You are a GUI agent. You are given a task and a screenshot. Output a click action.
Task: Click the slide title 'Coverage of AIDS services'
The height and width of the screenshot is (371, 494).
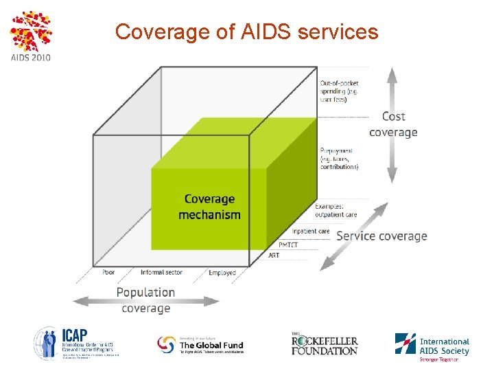pos(246,32)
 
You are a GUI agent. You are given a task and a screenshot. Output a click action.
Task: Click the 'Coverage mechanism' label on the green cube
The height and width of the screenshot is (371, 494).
pos(209,207)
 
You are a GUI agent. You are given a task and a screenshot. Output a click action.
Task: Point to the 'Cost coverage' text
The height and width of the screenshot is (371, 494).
pos(393,124)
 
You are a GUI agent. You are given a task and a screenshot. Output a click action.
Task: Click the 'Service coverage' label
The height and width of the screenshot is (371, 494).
pos(381,236)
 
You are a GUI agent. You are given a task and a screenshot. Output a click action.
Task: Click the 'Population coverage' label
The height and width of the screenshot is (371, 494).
pos(145,300)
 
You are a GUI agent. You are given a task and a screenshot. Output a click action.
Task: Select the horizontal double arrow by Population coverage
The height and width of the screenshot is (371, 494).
pos(145,300)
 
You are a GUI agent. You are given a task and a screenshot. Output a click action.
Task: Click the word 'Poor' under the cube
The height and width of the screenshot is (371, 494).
pos(108,272)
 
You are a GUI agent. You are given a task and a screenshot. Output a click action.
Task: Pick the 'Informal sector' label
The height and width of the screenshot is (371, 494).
pos(161,272)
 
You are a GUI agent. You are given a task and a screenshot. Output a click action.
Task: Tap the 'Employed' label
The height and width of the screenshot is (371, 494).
pos(222,273)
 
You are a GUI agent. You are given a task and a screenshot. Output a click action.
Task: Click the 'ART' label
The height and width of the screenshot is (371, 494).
pos(274,256)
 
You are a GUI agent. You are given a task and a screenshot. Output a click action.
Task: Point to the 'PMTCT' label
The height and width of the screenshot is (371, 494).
pos(288,245)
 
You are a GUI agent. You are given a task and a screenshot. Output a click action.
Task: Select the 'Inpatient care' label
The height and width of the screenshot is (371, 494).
pos(310,232)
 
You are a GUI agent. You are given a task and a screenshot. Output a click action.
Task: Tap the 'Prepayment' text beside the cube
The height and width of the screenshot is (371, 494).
pos(338,158)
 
